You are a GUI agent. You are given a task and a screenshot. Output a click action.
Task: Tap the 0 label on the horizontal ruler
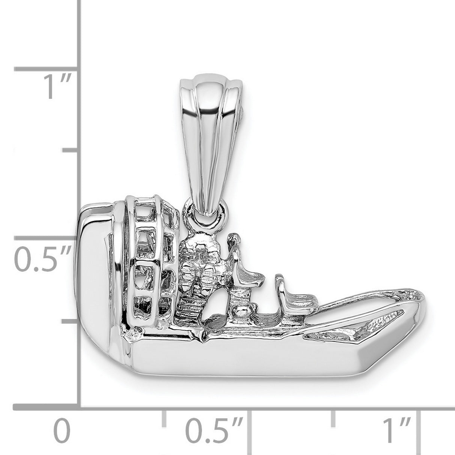click(x=62, y=432)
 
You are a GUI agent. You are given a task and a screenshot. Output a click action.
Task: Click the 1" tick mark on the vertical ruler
click(x=47, y=69)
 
